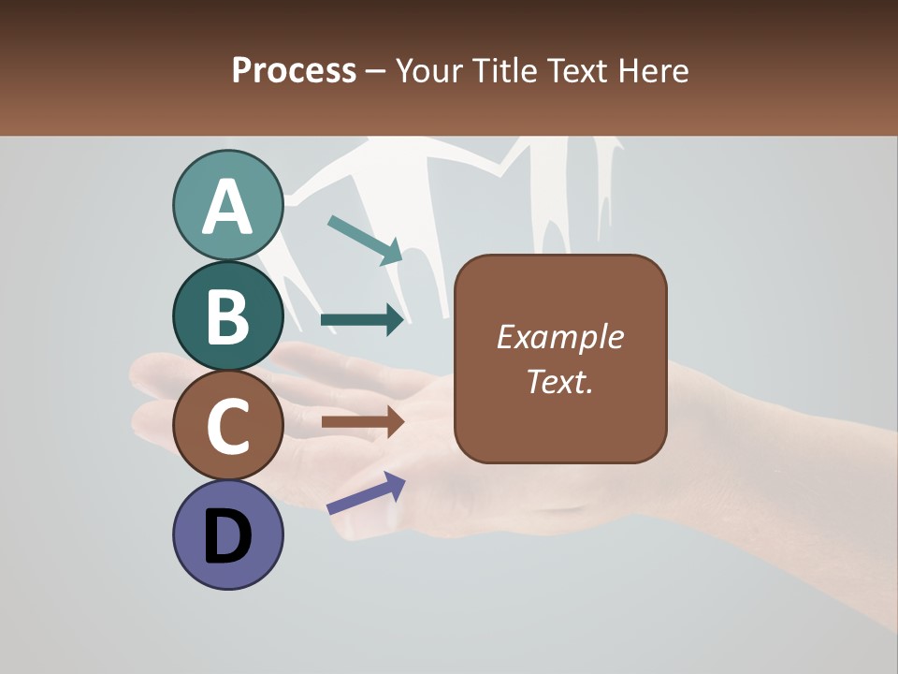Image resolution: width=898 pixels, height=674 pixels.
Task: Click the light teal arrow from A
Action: point(365,240)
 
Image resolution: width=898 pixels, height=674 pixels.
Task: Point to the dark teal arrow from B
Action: point(362,320)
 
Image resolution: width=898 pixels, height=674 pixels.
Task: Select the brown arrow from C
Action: point(362,422)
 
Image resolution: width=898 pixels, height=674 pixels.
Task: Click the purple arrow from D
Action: point(366,493)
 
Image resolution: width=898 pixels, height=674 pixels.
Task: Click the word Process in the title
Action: point(294,70)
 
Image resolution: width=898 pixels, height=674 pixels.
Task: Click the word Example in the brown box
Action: point(560,337)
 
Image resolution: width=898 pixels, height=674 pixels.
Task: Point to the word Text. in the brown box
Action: point(560,381)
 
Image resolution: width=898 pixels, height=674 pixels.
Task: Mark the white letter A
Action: point(227,208)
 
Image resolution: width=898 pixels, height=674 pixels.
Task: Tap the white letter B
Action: point(227,316)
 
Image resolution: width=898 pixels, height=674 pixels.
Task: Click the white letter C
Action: point(227,426)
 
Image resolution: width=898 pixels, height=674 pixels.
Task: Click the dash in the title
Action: point(376,71)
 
